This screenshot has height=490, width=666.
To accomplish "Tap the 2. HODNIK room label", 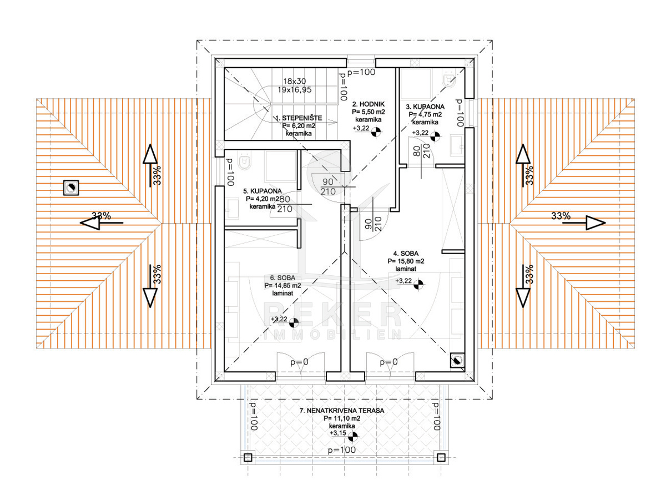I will pyautogui.click(x=368, y=104).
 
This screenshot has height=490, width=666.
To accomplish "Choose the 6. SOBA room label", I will pyautogui.click(x=282, y=277).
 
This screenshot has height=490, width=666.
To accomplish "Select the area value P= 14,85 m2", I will pyautogui.click(x=282, y=285).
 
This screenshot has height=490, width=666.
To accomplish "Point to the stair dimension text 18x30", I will pyautogui.click(x=294, y=80).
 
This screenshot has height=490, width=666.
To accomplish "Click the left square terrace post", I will pyautogui.click(x=248, y=457).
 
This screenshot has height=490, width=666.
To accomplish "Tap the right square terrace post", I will pyautogui.click(x=441, y=457).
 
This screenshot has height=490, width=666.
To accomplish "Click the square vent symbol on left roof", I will pyautogui.click(x=70, y=188).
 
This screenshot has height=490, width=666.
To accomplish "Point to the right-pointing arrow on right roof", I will pyautogui.click(x=594, y=223).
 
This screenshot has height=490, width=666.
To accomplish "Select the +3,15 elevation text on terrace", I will pyautogui.click(x=337, y=433).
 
